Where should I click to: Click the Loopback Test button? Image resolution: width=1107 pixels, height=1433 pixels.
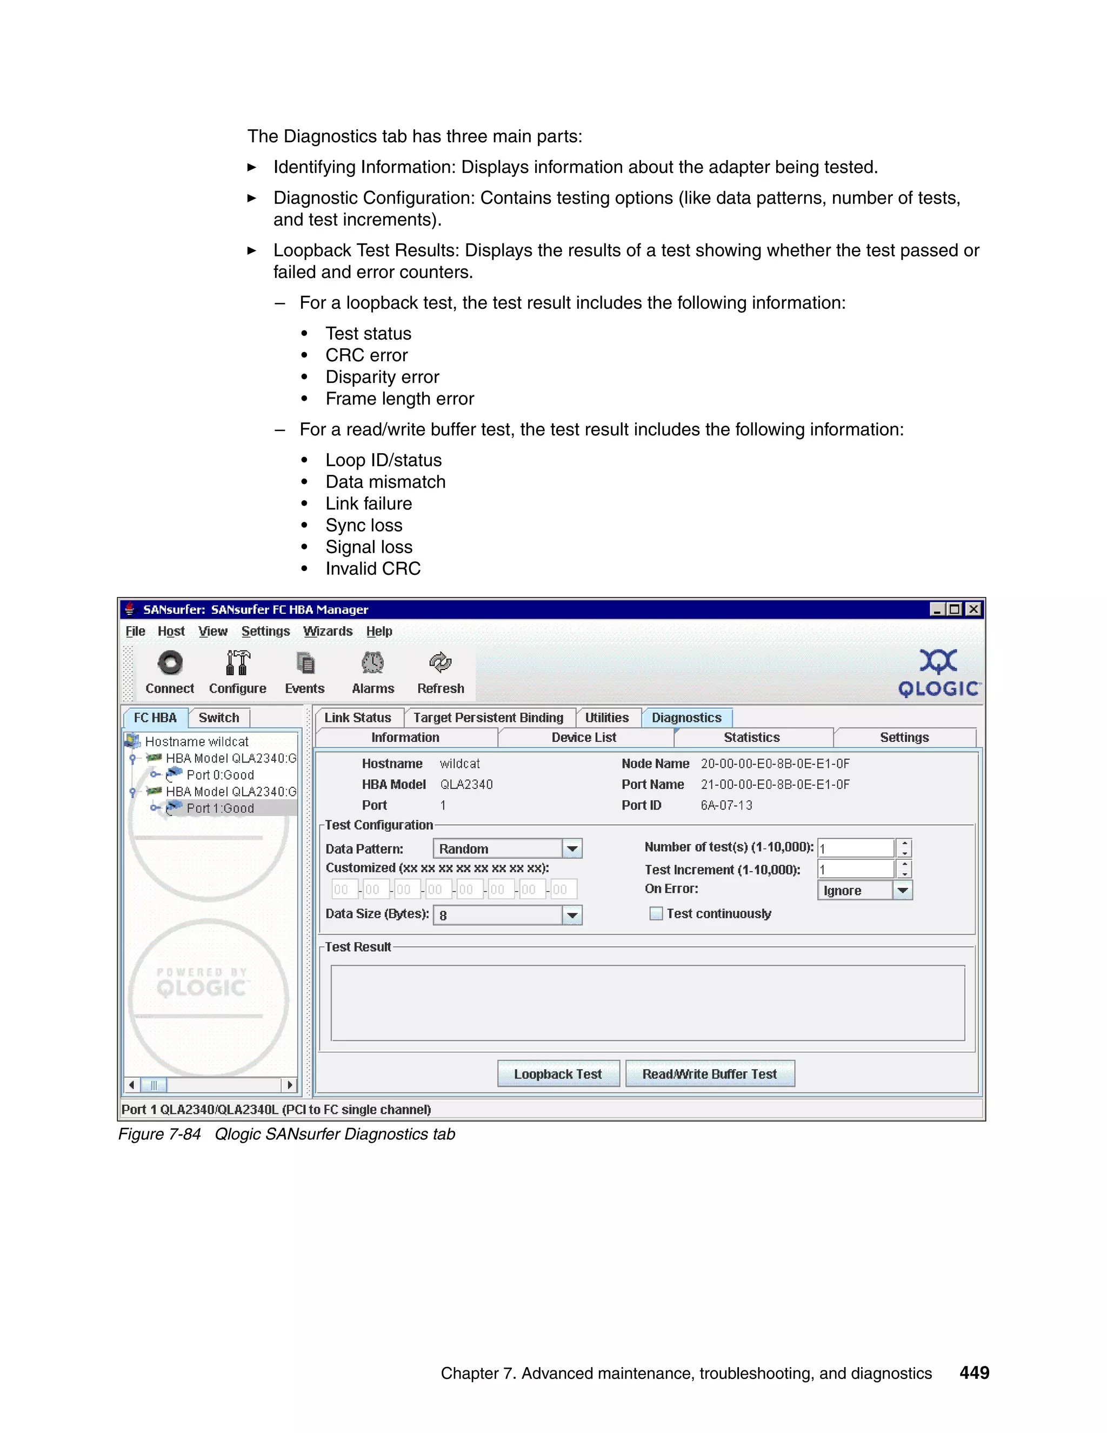point(557,1074)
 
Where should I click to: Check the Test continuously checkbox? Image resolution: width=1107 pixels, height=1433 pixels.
point(655,913)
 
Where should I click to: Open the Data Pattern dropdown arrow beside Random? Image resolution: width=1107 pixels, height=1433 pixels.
point(572,848)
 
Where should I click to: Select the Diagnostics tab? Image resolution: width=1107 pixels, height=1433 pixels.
point(686,717)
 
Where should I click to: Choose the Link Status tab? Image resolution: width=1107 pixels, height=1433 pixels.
point(357,717)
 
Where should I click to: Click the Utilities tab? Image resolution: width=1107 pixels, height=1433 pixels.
point(606,717)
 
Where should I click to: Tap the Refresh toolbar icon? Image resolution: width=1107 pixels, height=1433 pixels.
point(440,664)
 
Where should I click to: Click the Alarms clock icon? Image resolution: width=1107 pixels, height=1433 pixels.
point(372,664)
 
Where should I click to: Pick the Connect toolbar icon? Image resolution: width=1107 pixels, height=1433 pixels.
point(170,664)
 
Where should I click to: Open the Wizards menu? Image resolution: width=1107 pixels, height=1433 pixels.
point(327,631)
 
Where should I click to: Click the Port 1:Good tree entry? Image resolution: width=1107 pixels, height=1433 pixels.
point(219,808)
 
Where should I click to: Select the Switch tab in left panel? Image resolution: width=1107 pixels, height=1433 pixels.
point(218,717)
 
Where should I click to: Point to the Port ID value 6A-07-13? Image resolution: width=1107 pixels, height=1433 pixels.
point(726,805)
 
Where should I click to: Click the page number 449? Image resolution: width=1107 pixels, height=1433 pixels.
point(974,1372)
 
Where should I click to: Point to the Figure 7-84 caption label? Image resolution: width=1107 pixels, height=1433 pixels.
point(159,1135)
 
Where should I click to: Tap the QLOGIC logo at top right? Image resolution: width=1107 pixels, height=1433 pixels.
point(939,673)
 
